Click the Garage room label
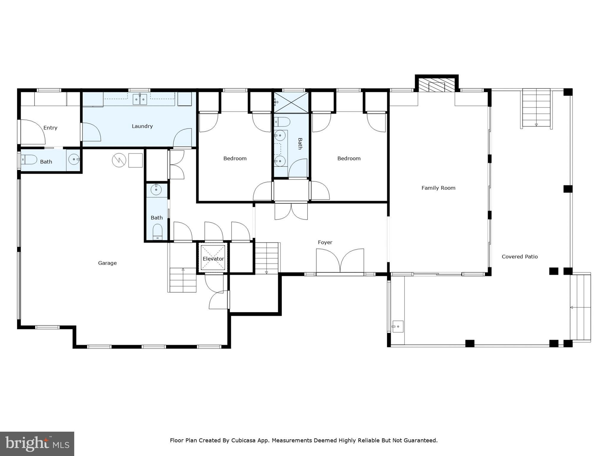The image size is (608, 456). pos(107,263)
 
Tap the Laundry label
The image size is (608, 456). pos(142,126)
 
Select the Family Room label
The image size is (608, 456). pos(438,188)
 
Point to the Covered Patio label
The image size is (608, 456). pos(520,256)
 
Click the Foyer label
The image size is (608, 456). pos(325,242)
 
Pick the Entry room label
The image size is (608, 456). pos(50,128)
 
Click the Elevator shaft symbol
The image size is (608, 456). pos(213,258)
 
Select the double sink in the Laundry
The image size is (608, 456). pos(140,99)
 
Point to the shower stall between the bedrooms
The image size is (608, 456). pos(291,102)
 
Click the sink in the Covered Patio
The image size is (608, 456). pos(398,327)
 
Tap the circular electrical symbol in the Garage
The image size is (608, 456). pos(119,160)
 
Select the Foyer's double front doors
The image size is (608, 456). pos(340,261)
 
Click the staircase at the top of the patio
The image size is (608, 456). pos(536,108)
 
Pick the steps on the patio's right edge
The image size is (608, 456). pos(580,308)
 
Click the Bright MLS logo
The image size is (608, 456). pos(37,444)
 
